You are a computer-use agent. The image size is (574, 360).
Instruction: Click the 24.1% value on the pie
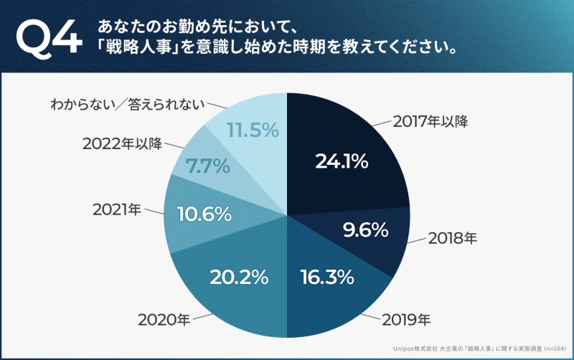(x=342, y=161)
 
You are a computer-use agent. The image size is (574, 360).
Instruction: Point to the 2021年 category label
(x=117, y=210)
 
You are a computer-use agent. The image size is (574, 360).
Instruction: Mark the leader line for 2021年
(x=154, y=211)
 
